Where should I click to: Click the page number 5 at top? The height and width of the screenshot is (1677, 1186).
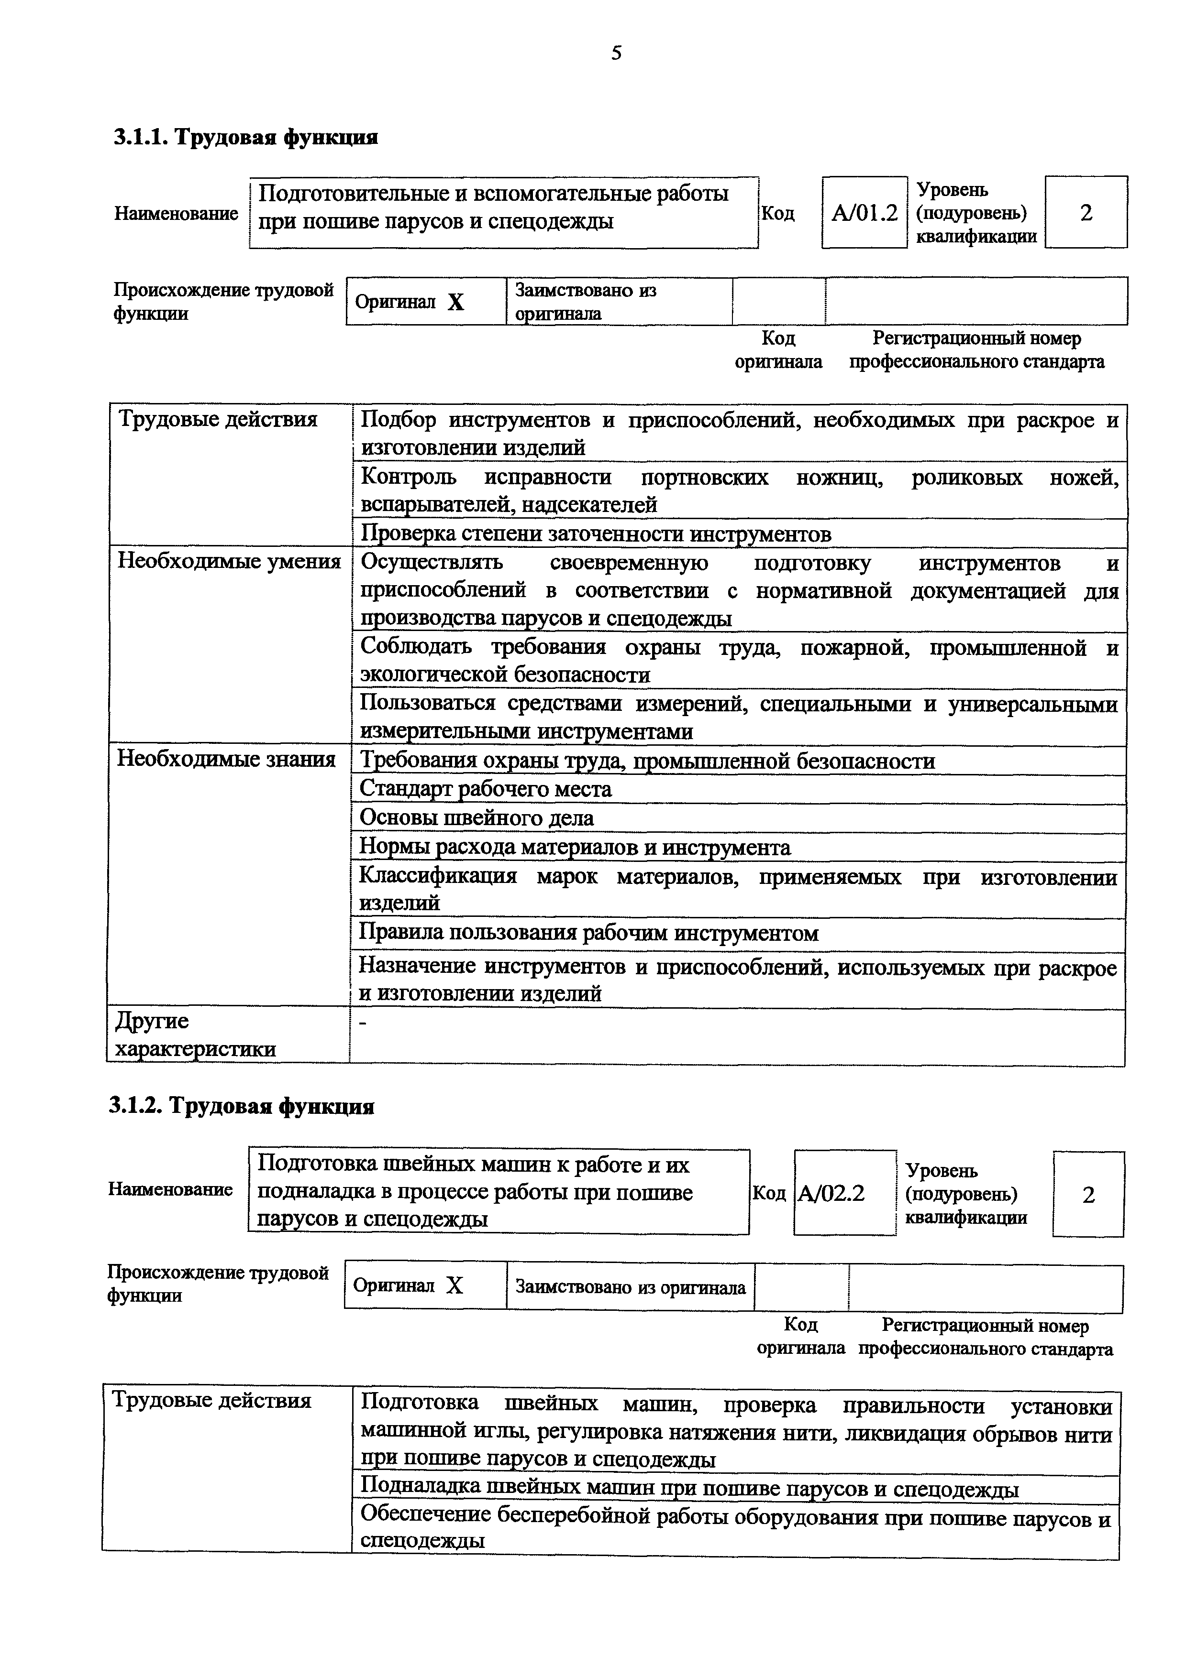click(616, 53)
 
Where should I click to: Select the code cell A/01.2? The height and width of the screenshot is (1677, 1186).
click(865, 213)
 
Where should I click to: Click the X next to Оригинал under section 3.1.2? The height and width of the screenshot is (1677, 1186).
click(454, 1285)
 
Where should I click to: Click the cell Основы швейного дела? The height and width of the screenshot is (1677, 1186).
click(477, 818)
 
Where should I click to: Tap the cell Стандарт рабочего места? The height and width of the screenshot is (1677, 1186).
click(486, 789)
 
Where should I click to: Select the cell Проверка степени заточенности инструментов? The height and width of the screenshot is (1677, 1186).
click(596, 534)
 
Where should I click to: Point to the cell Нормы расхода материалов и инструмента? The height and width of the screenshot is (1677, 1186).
click(575, 847)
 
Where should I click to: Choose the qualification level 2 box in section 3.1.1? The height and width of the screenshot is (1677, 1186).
click(1086, 213)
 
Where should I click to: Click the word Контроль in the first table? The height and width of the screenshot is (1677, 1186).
click(409, 477)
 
